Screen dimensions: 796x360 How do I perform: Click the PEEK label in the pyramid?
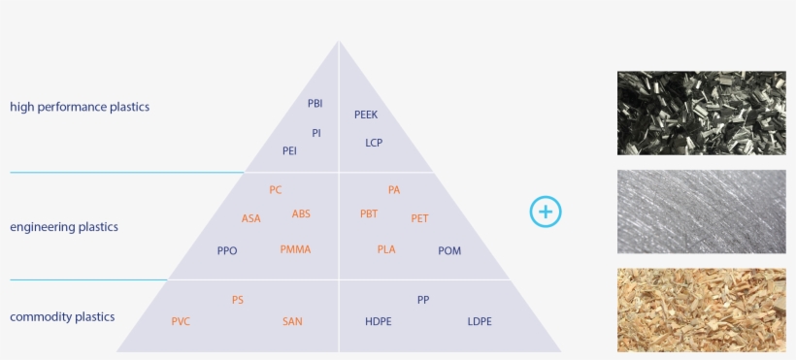click(366, 115)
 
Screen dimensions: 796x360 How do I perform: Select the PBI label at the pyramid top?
click(315, 103)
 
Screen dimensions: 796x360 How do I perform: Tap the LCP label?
click(374, 143)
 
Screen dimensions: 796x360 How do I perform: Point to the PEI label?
click(289, 151)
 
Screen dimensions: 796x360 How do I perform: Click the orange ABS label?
click(301, 213)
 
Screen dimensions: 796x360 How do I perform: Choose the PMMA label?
click(295, 249)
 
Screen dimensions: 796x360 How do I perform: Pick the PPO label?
click(227, 251)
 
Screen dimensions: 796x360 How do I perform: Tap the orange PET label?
click(419, 218)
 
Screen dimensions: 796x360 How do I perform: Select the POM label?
click(449, 251)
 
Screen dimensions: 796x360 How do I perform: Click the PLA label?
click(386, 249)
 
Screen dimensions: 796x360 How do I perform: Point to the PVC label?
click(181, 321)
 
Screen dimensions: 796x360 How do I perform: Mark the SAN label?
click(292, 321)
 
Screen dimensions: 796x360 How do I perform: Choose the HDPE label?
click(379, 321)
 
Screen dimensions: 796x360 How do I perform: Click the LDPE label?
click(480, 321)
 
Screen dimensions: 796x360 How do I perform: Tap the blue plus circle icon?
click(547, 212)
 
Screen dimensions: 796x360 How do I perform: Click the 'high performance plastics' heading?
click(80, 107)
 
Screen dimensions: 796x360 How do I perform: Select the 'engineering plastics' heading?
click(64, 227)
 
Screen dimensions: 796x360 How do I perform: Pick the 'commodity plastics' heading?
click(62, 316)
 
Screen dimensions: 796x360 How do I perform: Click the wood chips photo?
click(702, 310)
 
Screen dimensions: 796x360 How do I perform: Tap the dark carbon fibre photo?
click(702, 113)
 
